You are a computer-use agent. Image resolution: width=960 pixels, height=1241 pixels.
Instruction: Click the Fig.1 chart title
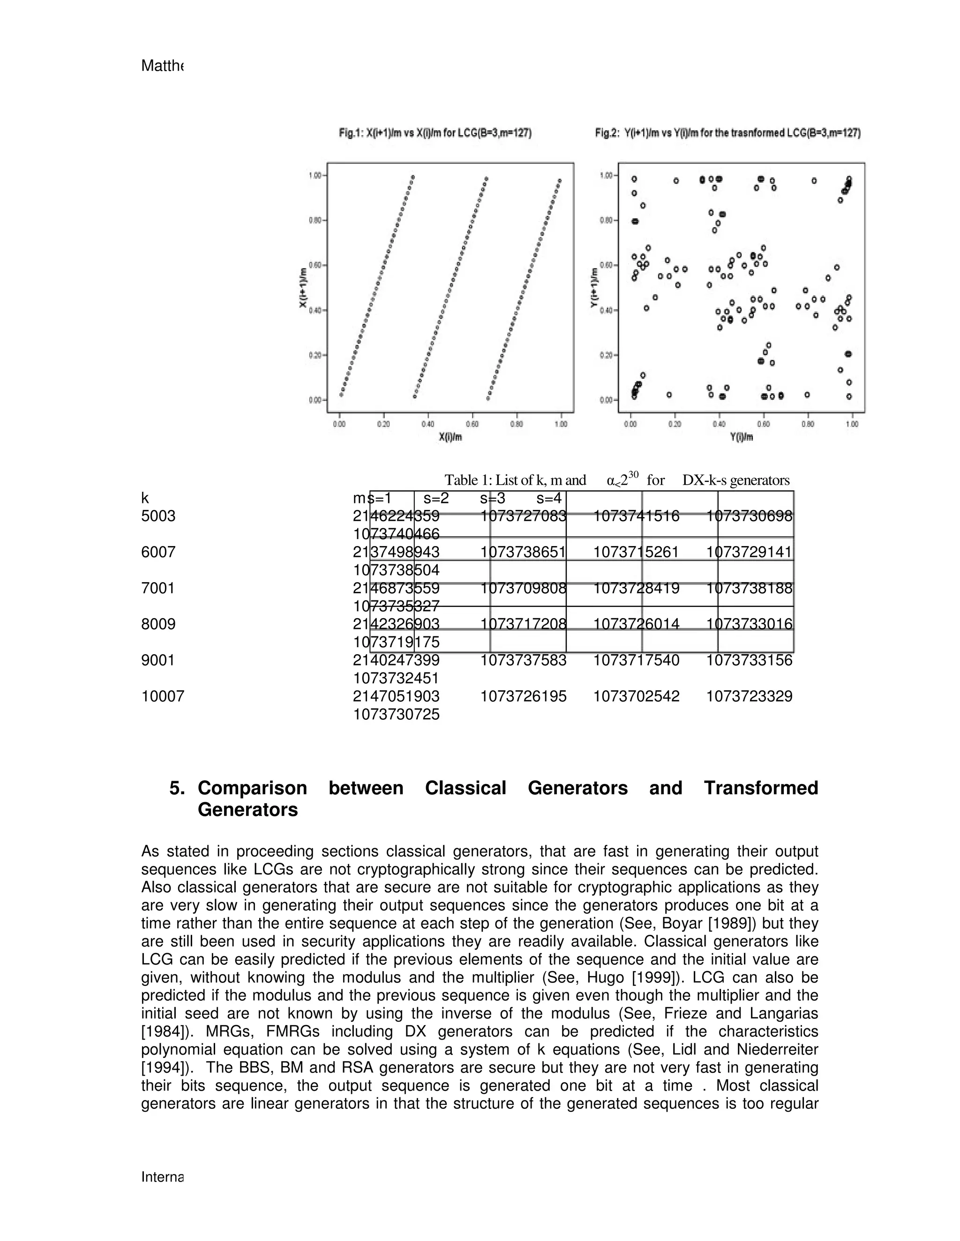click(435, 133)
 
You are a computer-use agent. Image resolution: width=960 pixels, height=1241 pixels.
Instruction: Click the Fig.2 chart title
click(727, 133)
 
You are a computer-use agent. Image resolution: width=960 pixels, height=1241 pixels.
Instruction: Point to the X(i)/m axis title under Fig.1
click(450, 437)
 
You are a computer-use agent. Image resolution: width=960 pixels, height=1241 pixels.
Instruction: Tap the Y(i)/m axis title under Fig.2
click(742, 437)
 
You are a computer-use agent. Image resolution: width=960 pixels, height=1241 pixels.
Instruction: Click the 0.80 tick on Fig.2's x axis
click(808, 424)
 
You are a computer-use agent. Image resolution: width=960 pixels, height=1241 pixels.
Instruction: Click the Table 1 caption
click(617, 480)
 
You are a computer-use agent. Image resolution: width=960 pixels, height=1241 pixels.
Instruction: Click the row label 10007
click(163, 696)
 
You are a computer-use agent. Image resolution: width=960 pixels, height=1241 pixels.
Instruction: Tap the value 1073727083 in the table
click(523, 516)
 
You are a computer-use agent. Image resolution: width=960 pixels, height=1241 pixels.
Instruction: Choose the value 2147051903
click(397, 696)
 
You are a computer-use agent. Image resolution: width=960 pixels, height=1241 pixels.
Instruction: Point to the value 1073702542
click(637, 696)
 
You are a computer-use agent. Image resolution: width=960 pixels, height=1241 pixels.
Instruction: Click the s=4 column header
click(549, 498)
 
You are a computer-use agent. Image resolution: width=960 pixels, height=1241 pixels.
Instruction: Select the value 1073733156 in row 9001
click(749, 660)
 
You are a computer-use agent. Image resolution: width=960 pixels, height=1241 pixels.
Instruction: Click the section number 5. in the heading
click(178, 788)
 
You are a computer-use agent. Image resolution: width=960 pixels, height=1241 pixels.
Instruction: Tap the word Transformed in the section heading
click(761, 788)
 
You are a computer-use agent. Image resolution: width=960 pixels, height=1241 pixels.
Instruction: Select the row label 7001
click(157, 588)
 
